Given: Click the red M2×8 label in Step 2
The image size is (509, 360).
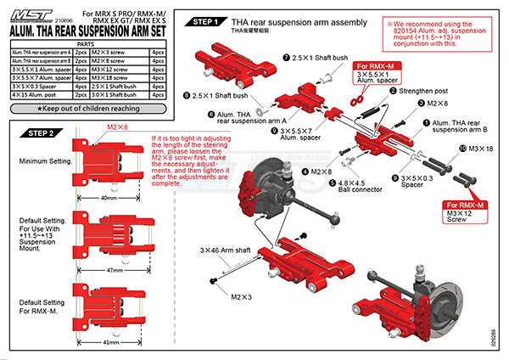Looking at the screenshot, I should (115, 127).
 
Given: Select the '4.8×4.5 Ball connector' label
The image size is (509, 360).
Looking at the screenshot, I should (363, 184).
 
